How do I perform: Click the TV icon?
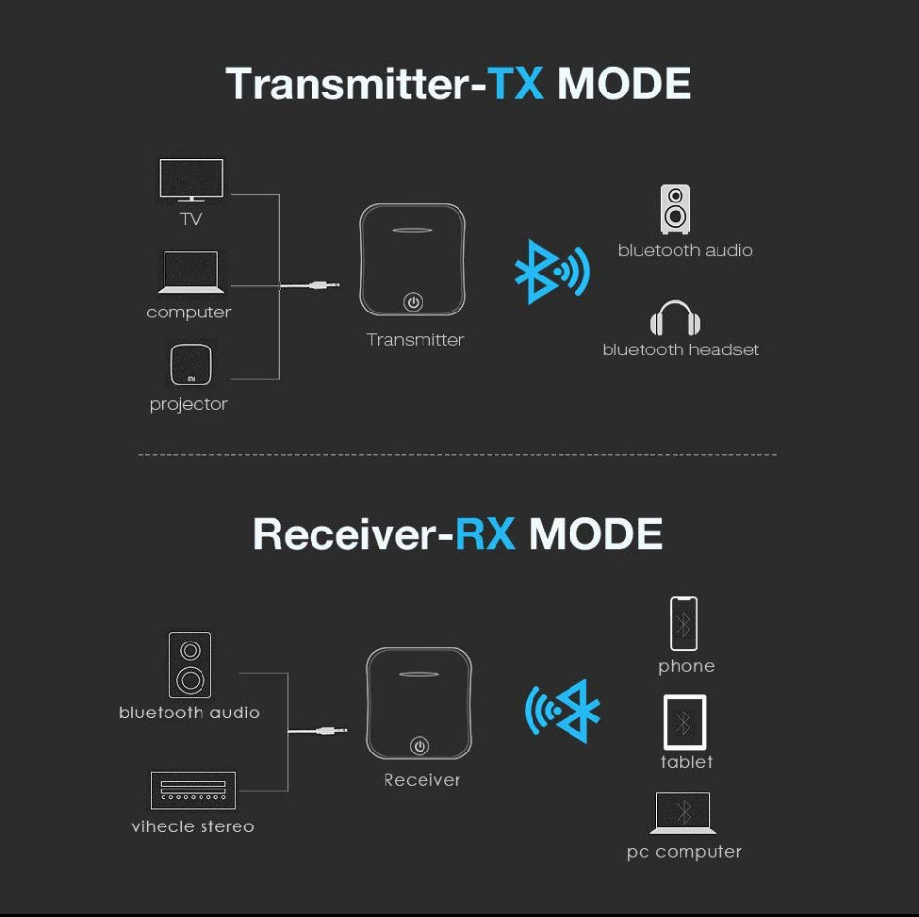tap(191, 181)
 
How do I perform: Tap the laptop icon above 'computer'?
tap(190, 273)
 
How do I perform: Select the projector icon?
tap(189, 365)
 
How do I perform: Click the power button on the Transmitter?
tap(414, 302)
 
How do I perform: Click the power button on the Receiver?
tap(420, 746)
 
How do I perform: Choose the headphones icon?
tap(676, 318)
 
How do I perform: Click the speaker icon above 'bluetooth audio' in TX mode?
tap(676, 208)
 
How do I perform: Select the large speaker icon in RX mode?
tap(190, 665)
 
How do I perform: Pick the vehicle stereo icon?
tap(193, 790)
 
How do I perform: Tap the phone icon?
tap(684, 623)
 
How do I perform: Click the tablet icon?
tap(684, 721)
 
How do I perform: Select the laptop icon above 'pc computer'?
tap(683, 813)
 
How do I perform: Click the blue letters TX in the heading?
tap(516, 85)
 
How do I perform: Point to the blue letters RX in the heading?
tap(485, 534)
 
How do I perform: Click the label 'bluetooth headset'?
tap(680, 349)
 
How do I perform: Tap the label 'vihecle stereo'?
tap(193, 826)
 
